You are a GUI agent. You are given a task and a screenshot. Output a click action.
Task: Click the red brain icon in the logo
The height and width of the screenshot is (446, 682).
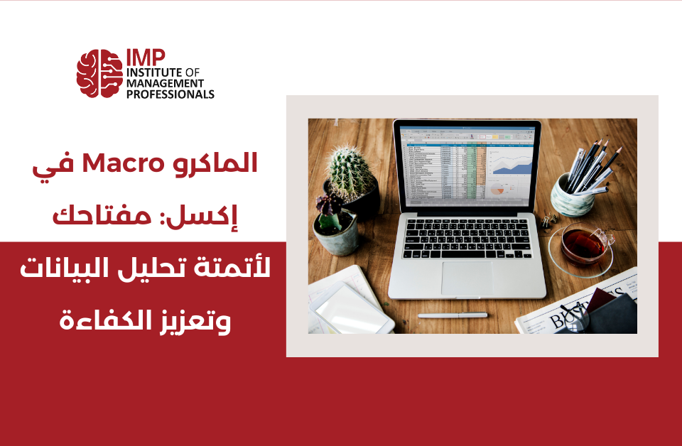click(x=99, y=73)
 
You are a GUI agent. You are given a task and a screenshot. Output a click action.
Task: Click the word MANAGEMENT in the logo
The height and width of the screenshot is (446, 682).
click(x=163, y=83)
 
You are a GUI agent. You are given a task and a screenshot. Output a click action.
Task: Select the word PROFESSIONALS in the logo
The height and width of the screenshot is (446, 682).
click(x=170, y=94)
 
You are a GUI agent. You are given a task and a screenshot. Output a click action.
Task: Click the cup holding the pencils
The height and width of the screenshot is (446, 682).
click(x=571, y=195)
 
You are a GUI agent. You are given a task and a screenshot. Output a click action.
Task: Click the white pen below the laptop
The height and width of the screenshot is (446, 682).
click(x=453, y=315)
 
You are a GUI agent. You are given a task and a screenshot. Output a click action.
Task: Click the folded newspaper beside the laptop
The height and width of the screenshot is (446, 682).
click(x=568, y=312)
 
